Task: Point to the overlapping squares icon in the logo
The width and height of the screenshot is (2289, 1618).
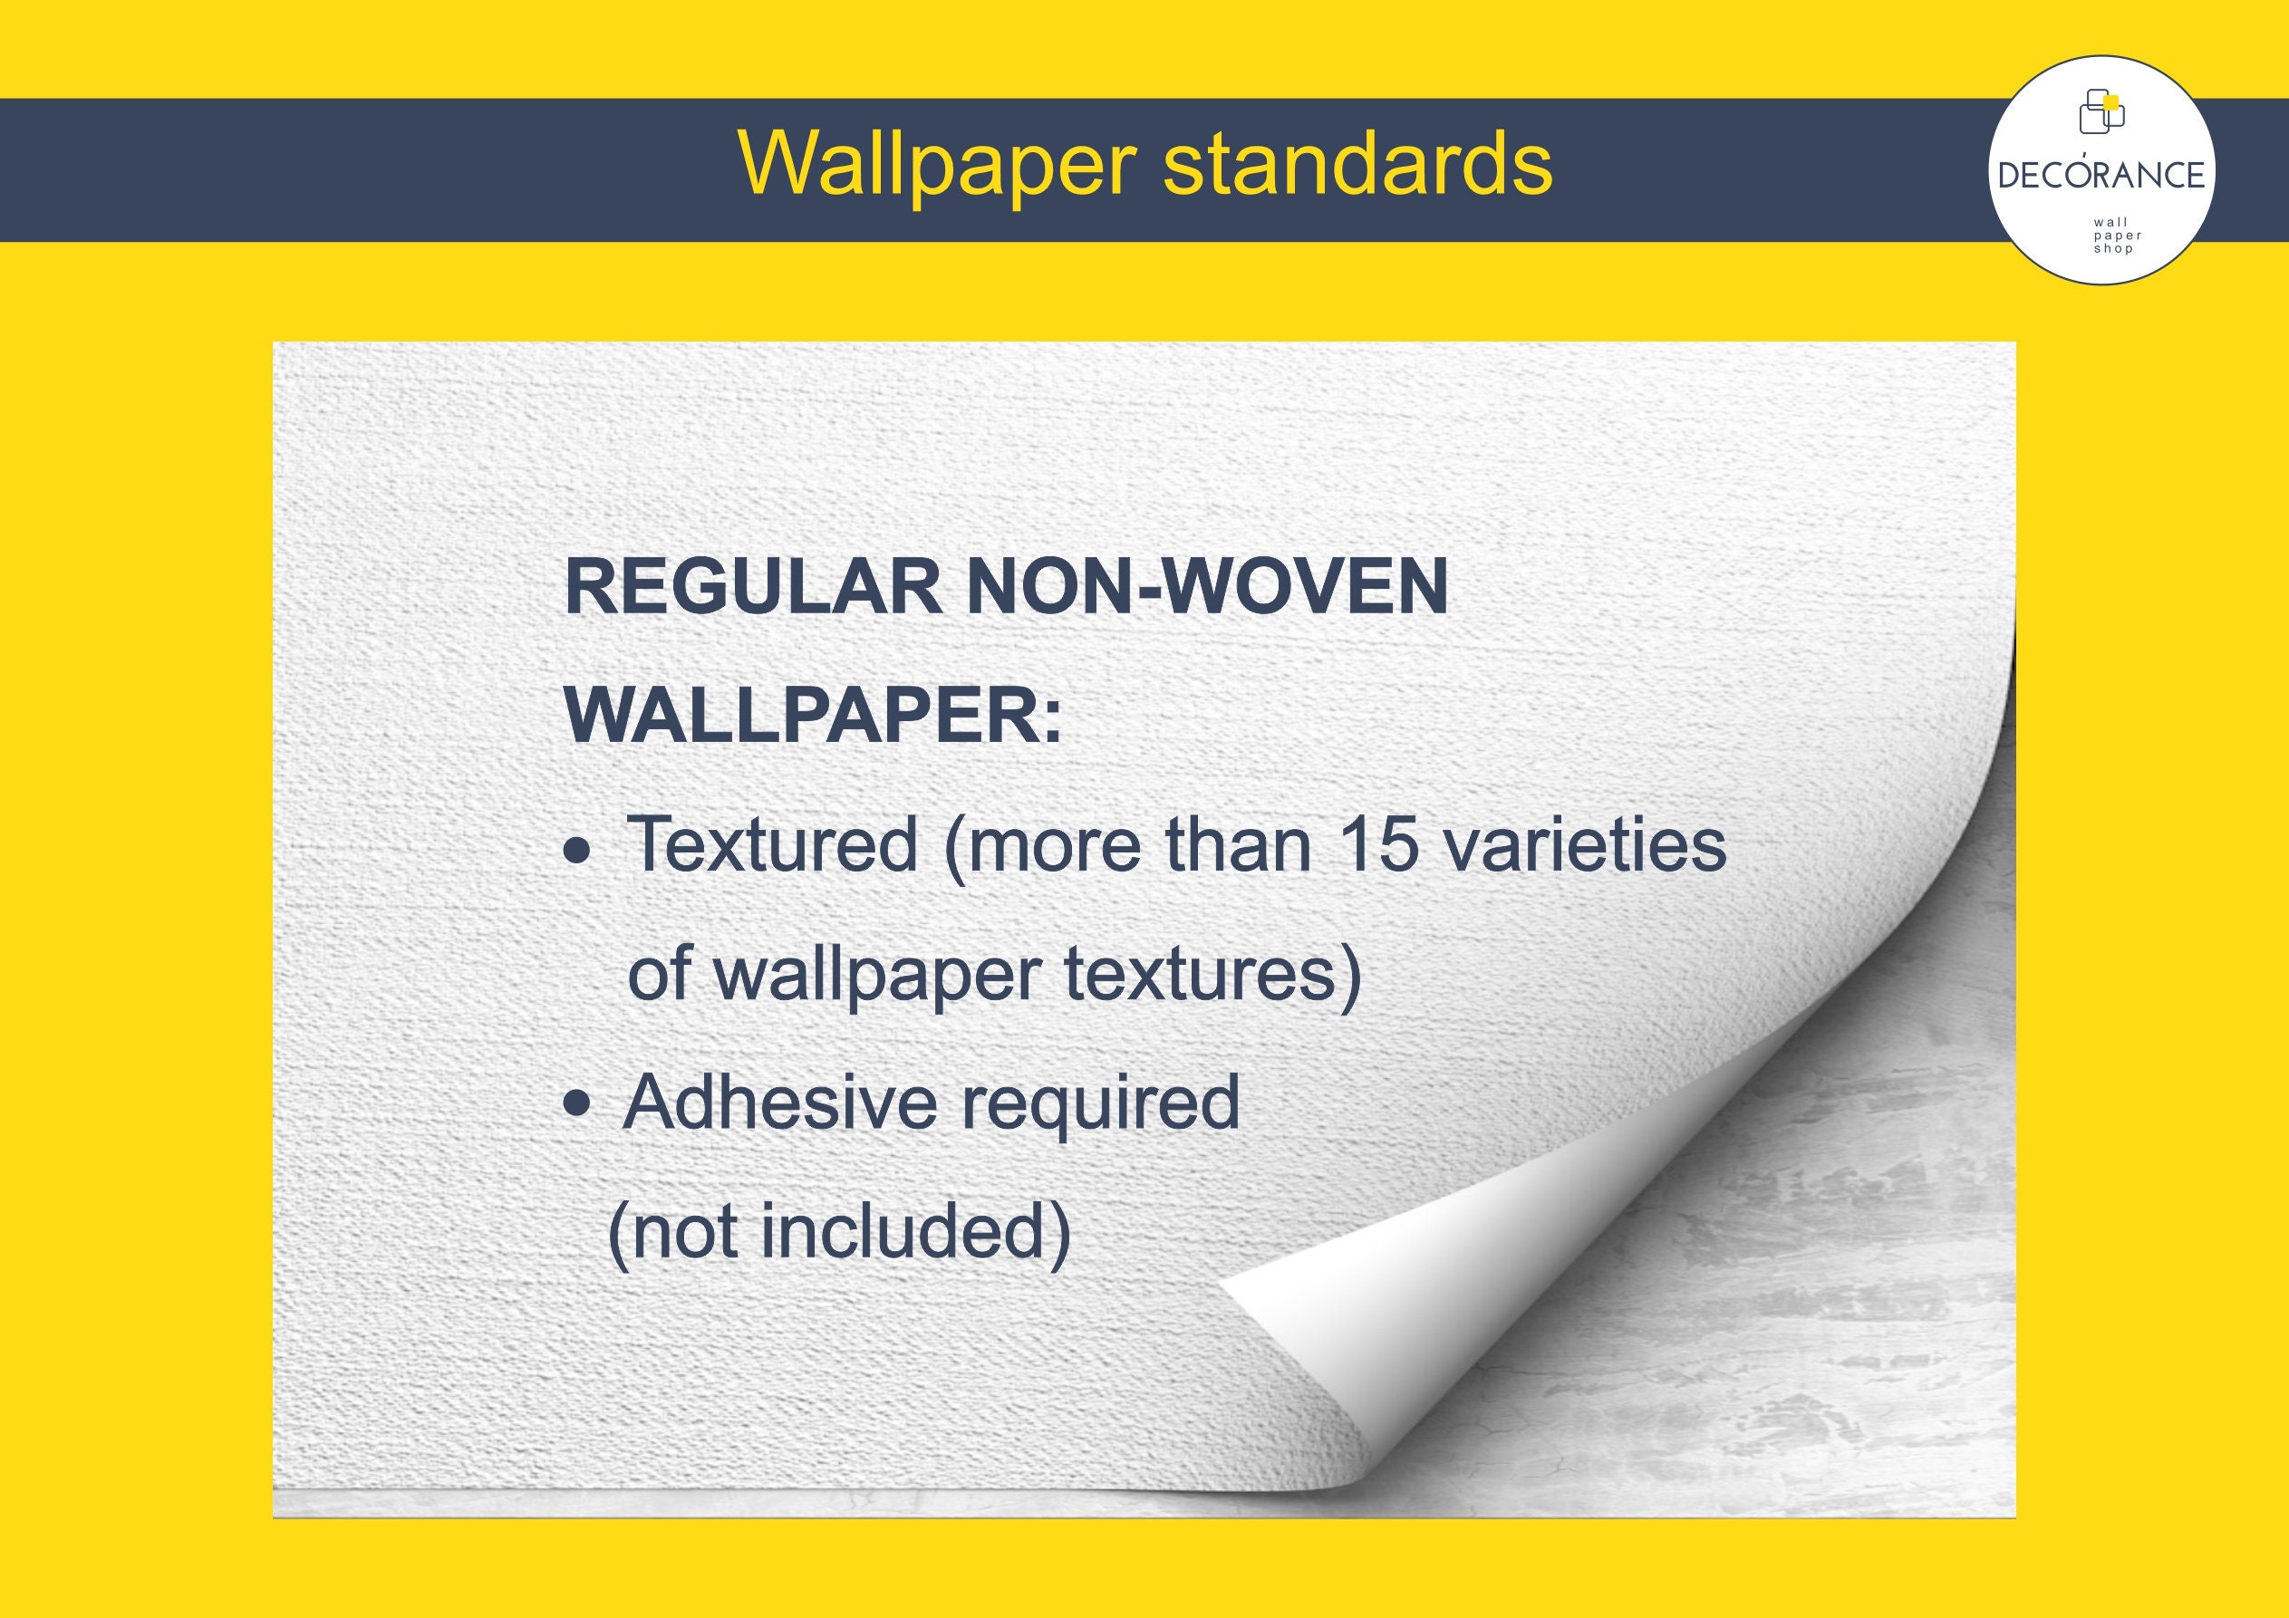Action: pos(2101,111)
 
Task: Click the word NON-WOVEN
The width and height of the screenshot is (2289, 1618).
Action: pos(1207,588)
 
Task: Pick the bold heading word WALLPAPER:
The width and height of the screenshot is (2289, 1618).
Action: pos(814,716)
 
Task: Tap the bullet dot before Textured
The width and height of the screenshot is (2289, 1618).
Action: pos(576,851)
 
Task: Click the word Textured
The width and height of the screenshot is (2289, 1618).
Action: pos(773,845)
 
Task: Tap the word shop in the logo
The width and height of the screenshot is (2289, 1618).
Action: pos(2112,249)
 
